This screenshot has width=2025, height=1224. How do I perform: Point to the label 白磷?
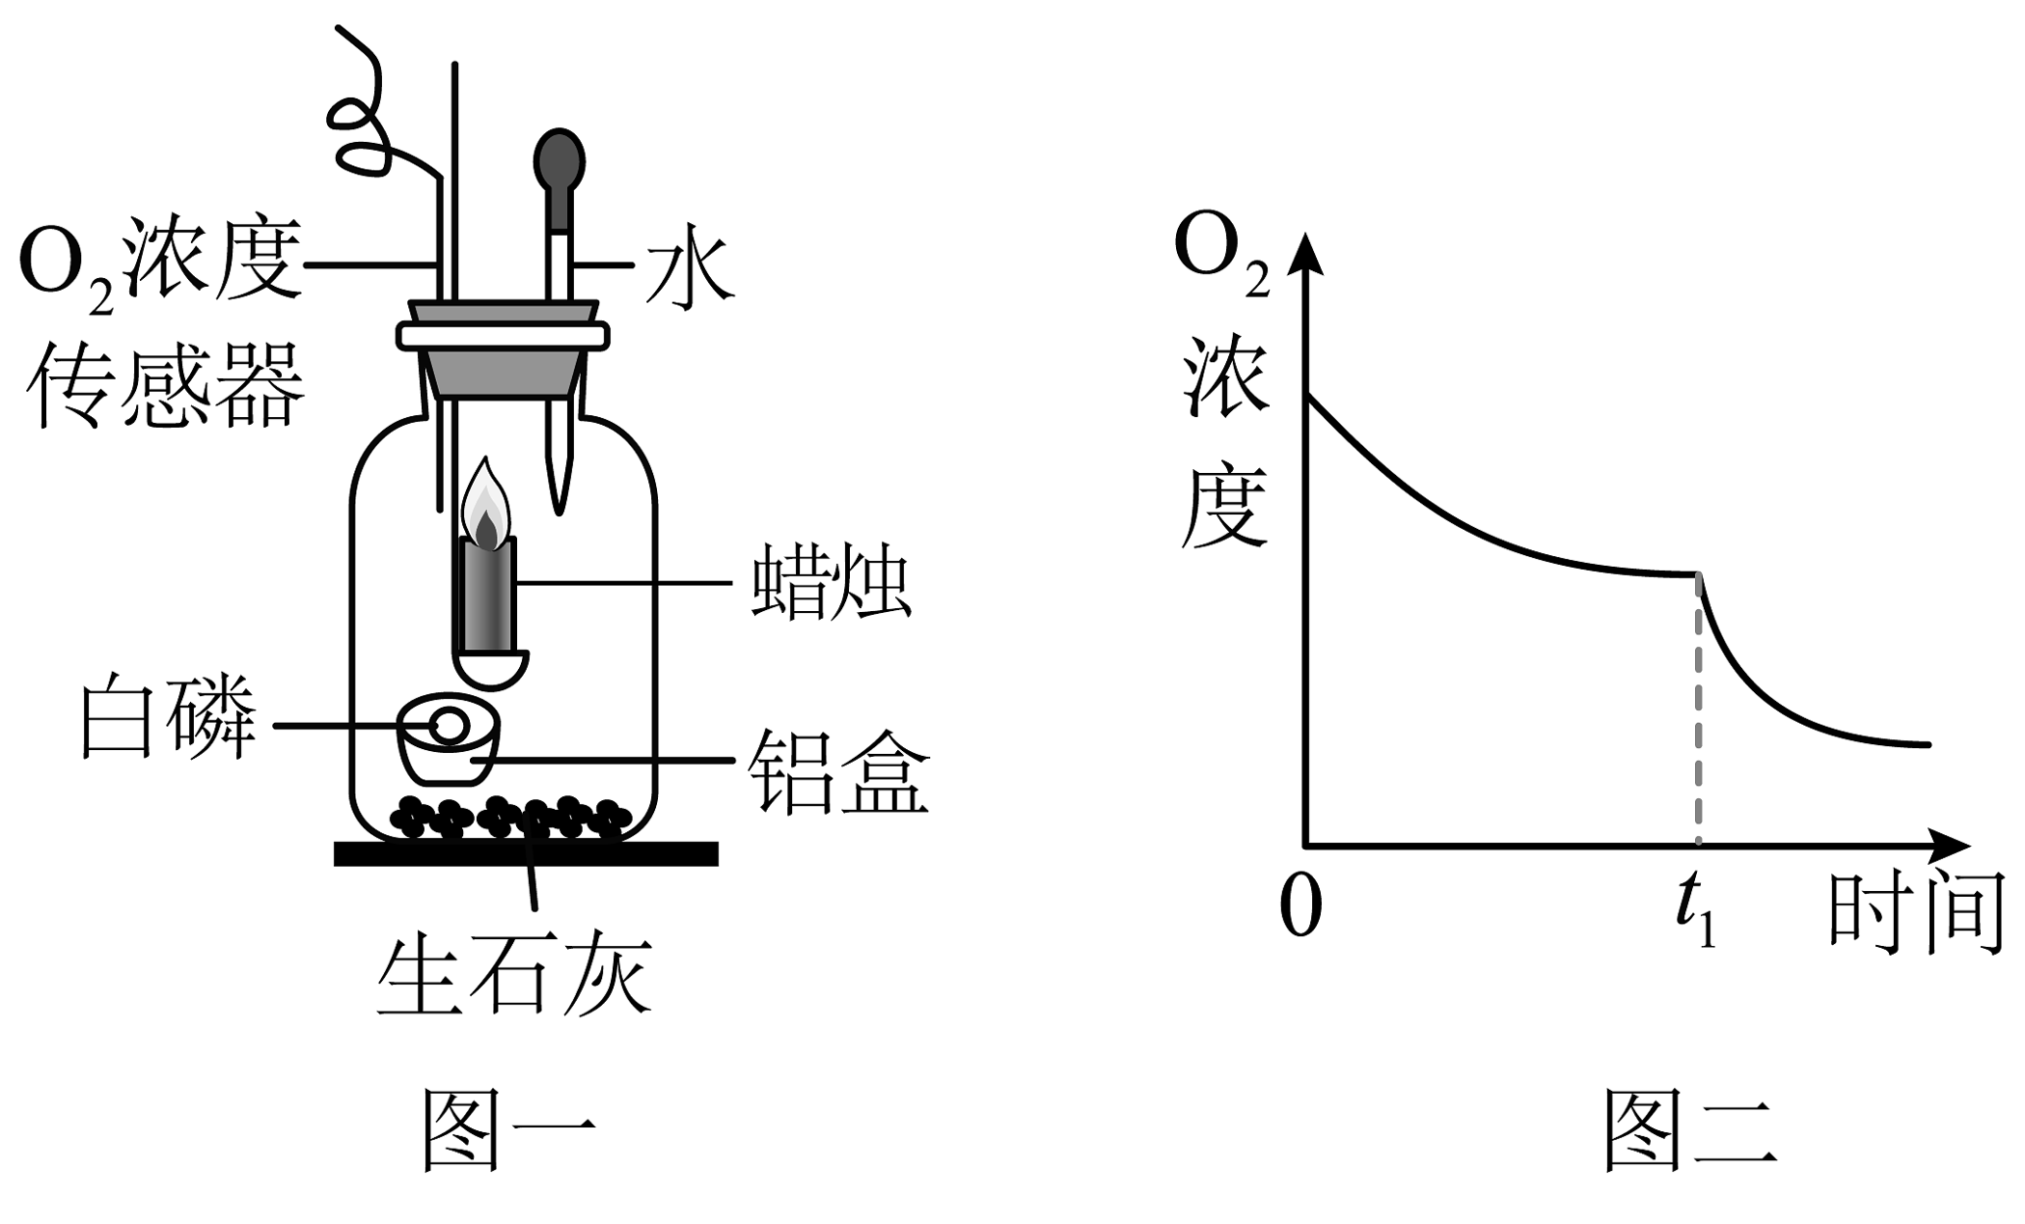coord(167,719)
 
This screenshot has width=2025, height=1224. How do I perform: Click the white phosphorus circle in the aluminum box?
coord(450,725)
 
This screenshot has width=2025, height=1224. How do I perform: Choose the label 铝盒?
coord(838,772)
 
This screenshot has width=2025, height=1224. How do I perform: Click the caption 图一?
coord(509,1129)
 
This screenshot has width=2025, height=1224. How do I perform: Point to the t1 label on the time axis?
coord(1696,912)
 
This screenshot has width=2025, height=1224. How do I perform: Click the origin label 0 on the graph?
coord(1300,907)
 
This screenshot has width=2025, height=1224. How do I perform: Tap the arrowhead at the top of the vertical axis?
coord(1305,256)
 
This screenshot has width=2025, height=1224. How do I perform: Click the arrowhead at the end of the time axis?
coord(1945,847)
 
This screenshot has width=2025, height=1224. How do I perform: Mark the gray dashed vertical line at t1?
coord(1698,710)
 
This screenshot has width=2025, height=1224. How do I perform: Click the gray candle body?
coord(488,595)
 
